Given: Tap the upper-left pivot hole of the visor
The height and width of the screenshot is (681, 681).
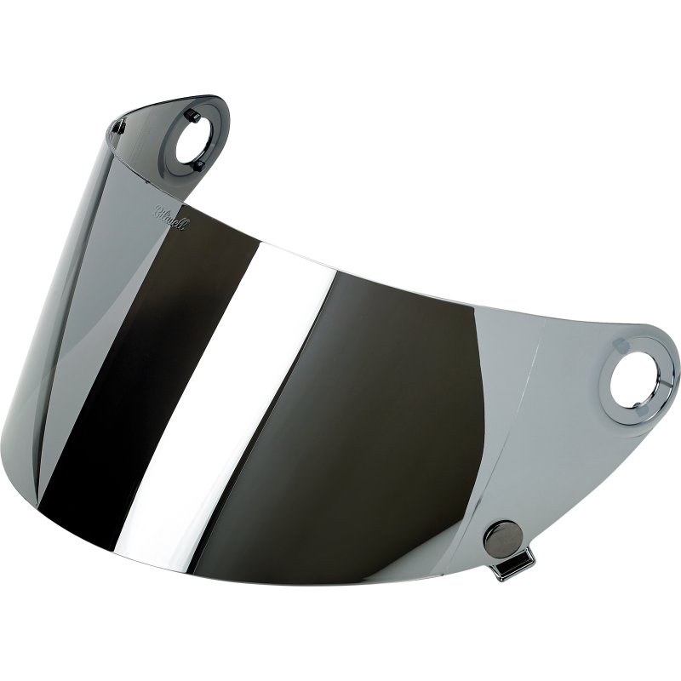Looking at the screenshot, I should click(195, 136).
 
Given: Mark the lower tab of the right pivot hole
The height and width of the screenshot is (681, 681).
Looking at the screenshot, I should click(632, 400).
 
